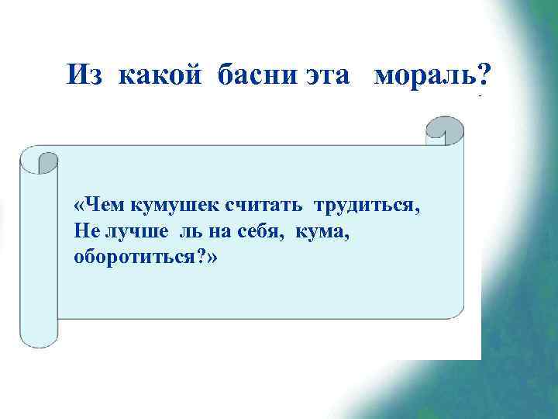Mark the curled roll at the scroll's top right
[446, 130]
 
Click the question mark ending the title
[484, 74]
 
